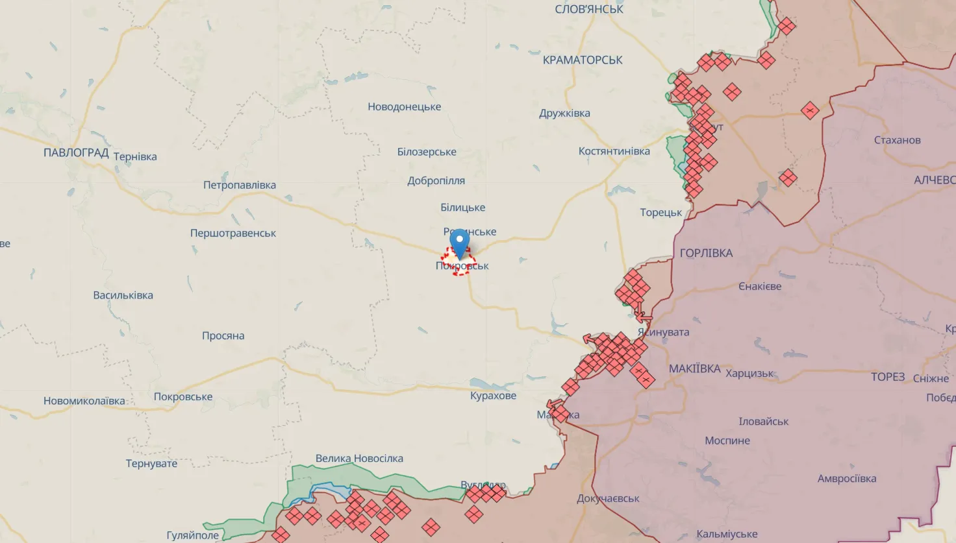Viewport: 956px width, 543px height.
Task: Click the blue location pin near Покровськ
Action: (x=460, y=243)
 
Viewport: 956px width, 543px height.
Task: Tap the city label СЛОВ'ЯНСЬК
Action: (x=588, y=9)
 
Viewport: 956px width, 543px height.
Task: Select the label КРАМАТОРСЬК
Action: (x=583, y=60)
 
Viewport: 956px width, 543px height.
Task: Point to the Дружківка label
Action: (x=564, y=113)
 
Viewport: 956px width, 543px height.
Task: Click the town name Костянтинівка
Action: (x=614, y=151)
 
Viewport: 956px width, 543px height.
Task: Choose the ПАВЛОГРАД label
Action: (x=76, y=153)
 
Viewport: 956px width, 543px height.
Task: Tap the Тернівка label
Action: (x=135, y=156)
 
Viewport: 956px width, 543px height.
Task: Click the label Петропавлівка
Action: (x=240, y=185)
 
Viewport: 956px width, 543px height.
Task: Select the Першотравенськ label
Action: (x=233, y=233)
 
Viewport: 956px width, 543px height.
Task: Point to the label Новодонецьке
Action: (x=404, y=106)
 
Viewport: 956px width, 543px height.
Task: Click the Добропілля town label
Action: (x=436, y=180)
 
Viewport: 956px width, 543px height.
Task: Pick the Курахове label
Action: (x=493, y=396)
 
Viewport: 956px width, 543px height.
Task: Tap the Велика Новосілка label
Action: (x=359, y=458)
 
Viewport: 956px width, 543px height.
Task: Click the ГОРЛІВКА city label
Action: (x=706, y=253)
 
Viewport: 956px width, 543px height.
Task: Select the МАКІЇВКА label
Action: (x=694, y=368)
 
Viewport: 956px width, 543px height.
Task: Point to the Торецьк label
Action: (x=660, y=212)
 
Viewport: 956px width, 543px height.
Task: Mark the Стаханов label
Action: (x=897, y=140)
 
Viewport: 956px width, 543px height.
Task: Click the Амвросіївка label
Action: (x=846, y=479)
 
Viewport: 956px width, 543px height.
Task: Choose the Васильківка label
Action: (x=123, y=295)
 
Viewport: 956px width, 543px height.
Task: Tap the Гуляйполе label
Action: (x=193, y=535)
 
